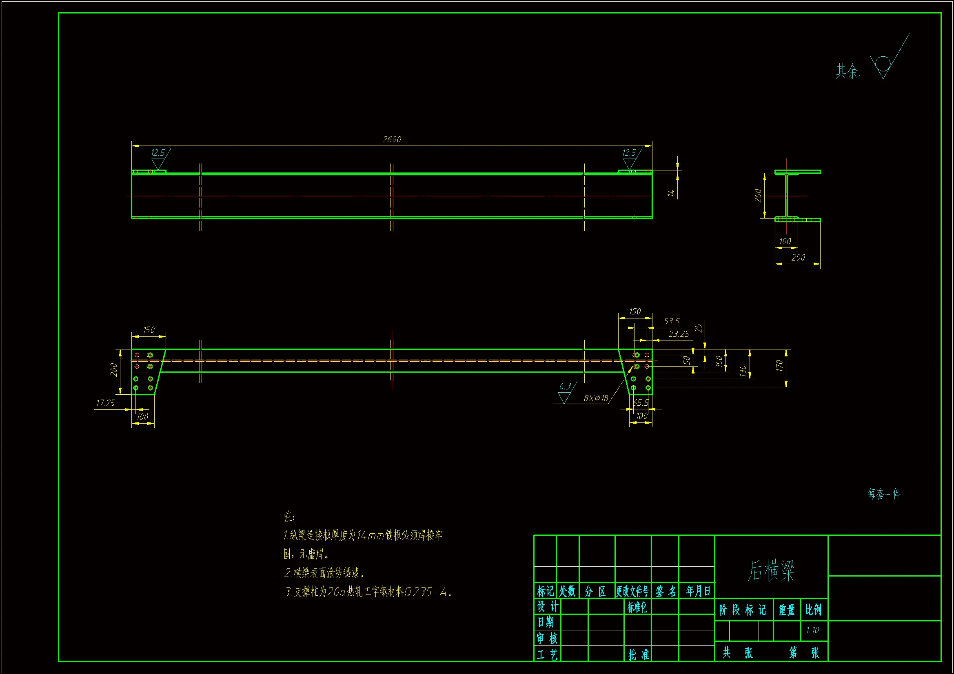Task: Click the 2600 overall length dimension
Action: (392, 139)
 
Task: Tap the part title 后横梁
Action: (771, 570)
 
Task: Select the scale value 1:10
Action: (812, 630)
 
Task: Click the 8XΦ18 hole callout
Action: (596, 399)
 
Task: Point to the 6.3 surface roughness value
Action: (565, 387)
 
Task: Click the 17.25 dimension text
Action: (105, 403)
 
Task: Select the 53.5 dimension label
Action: (672, 321)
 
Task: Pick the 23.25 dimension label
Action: (679, 334)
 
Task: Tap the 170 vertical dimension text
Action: (779, 366)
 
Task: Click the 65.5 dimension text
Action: (640, 403)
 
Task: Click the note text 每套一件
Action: (884, 494)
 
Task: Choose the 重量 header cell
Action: (787, 610)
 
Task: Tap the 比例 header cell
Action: (814, 610)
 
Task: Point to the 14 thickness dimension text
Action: (671, 193)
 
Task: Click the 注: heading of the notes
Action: (289, 517)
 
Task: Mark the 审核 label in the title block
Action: (547, 638)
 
